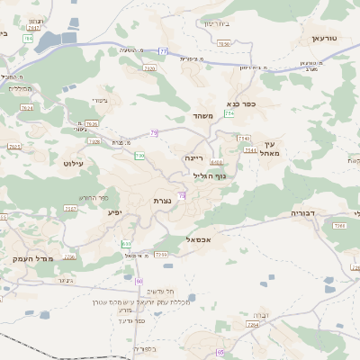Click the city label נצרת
162,200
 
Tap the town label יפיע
114,212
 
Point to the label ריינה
194,157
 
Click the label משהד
201,116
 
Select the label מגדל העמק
34,258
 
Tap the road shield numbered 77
163,51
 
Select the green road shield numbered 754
229,113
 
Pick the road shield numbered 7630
224,43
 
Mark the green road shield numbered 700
139,156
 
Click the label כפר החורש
94,197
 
